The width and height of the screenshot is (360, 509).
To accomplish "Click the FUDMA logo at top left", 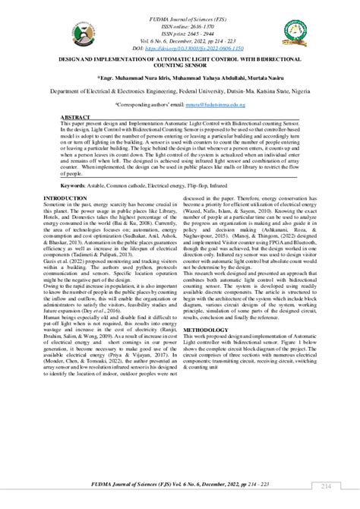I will tap(36, 30).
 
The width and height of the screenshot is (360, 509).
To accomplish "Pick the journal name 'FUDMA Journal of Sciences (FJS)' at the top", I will tap(180, 14).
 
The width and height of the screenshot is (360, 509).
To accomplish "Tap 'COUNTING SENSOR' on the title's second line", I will tap(180, 65).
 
